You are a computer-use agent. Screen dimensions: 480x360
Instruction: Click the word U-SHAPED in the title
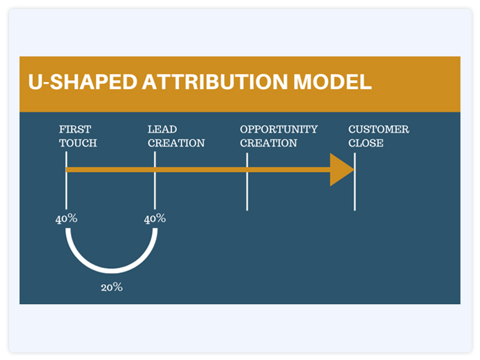[83, 82]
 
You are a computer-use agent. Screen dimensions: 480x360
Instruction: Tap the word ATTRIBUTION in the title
[215, 82]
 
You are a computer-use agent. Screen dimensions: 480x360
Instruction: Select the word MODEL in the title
[332, 82]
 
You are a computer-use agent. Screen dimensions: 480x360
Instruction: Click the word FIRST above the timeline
[75, 129]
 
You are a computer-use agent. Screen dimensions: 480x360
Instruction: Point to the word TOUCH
[78, 143]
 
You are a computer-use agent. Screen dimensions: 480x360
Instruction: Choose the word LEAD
[162, 129]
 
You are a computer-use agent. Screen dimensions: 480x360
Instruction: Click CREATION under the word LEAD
[176, 143]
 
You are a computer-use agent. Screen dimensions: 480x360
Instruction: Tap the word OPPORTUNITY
[279, 129]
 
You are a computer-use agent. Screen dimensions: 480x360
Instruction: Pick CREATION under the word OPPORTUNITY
[268, 143]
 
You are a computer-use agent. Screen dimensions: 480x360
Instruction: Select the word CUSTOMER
[379, 129]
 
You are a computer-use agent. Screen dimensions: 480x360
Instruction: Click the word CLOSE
[366, 143]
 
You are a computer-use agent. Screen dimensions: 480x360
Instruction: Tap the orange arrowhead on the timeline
[341, 170]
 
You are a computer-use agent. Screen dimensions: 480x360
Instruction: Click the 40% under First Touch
[66, 219]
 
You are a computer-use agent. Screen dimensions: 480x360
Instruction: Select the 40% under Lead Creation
[155, 219]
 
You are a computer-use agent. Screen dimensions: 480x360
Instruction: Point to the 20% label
[111, 287]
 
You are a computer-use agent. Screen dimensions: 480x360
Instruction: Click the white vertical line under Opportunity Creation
[247, 182]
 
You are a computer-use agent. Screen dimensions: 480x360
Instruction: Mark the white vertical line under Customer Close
[355, 182]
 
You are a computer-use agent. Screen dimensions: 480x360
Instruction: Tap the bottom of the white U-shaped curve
[111, 270]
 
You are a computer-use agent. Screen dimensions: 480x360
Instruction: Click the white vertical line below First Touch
[66, 180]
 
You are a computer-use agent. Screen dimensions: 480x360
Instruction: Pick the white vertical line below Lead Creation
[155, 180]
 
